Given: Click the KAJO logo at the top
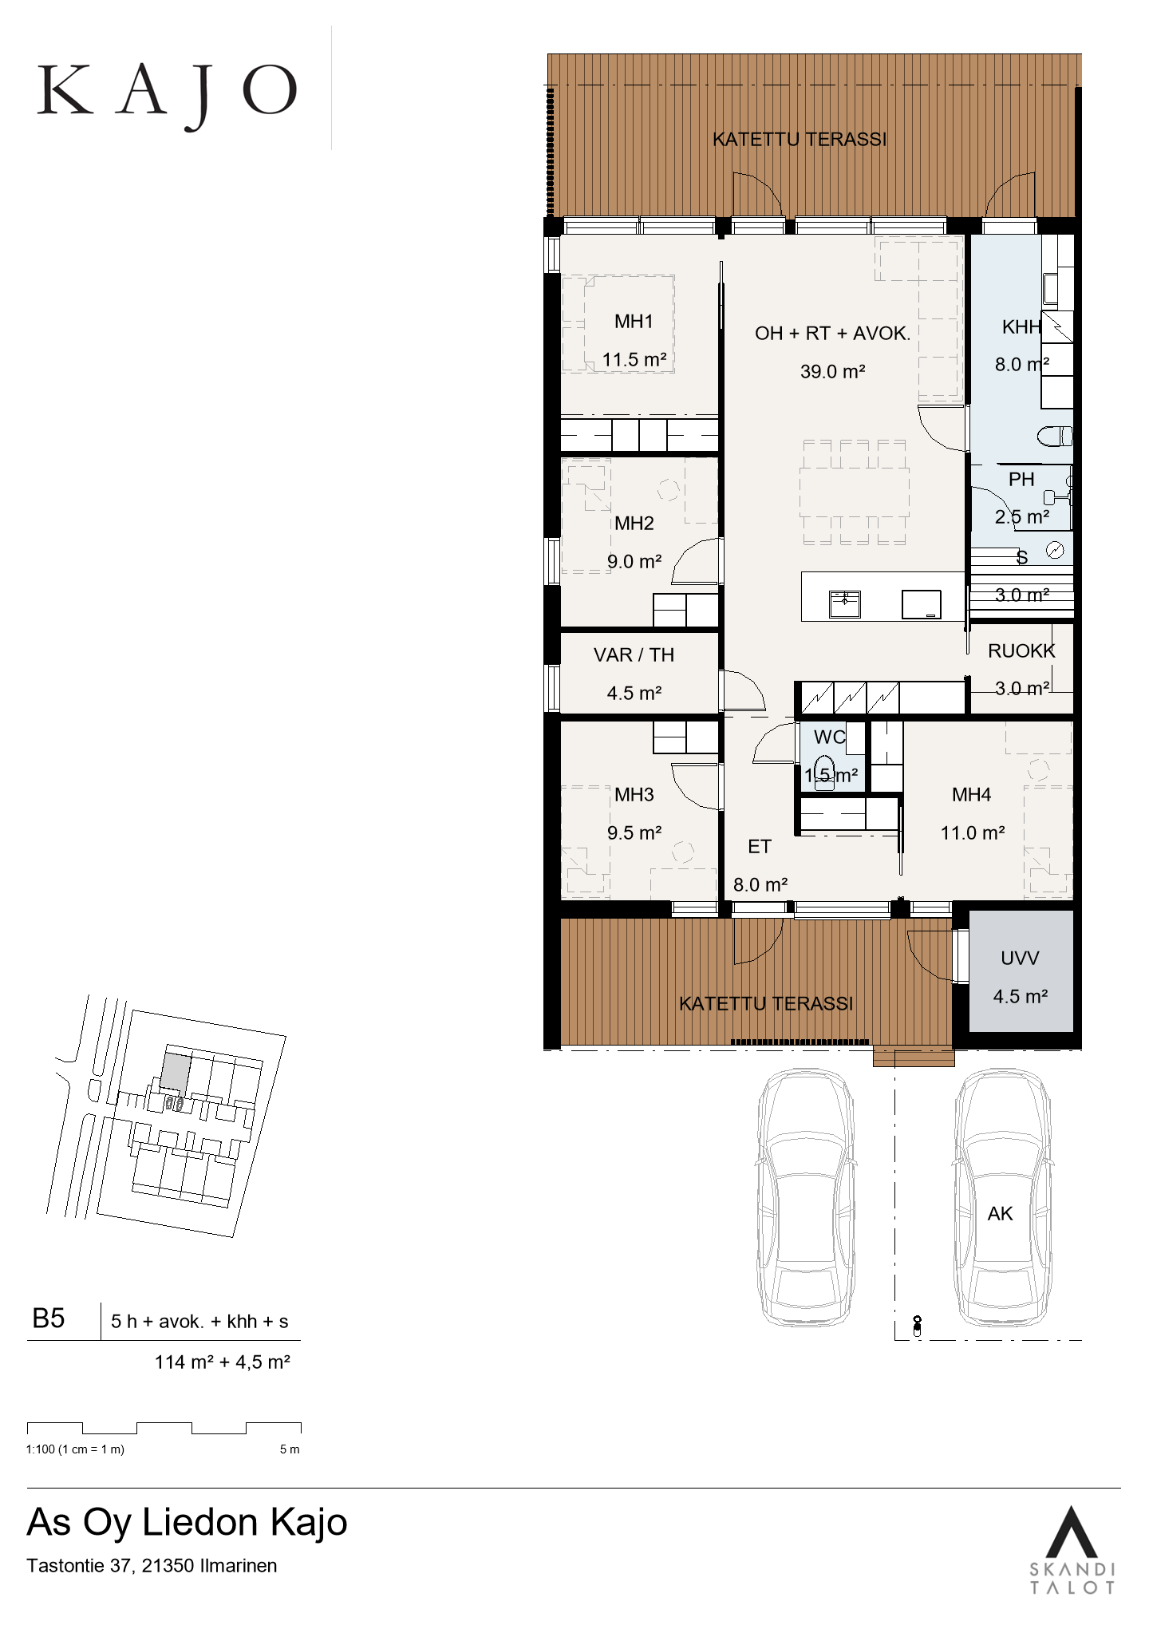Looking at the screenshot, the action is coord(168,93).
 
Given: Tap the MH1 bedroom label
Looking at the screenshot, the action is coord(634,322).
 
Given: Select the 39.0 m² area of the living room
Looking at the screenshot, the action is coord(833,371).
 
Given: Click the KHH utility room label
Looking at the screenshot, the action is coord(1022,326).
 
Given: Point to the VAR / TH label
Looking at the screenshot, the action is coord(634,655).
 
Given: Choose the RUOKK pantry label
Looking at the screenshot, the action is coord(1021,651).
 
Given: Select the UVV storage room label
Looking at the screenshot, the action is coord(1020,959).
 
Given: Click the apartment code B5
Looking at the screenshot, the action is coord(48,1319).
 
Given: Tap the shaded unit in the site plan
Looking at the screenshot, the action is coord(176,1073).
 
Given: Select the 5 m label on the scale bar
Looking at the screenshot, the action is coord(290,1449).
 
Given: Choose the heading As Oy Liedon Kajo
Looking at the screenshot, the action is coord(188,1523).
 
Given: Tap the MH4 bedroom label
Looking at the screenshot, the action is coord(972,795).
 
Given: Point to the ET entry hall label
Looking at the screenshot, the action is coord(760,847).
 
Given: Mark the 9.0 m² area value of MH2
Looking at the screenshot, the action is coord(634,562).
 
